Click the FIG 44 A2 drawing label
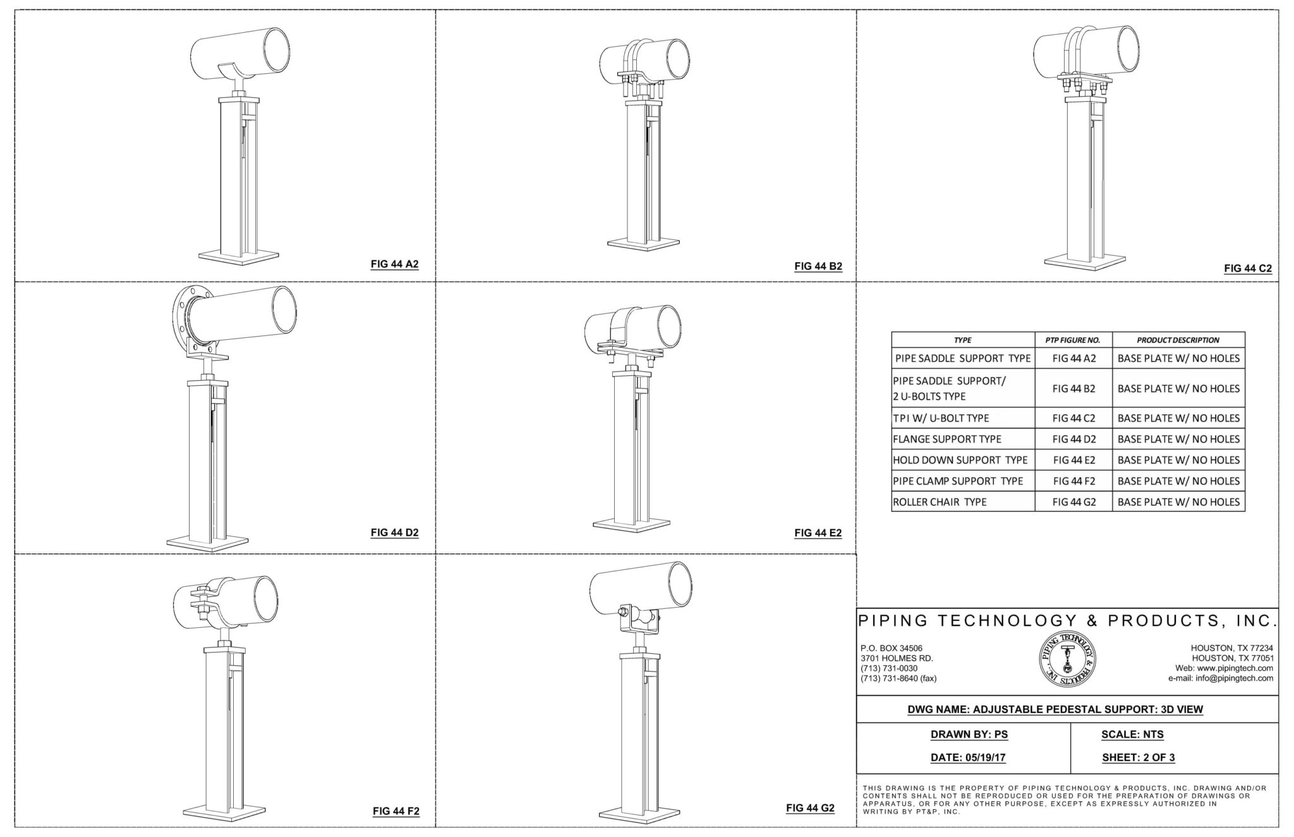tap(394, 264)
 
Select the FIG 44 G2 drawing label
tap(810, 807)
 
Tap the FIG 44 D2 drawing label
tap(394, 532)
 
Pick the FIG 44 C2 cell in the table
tap(1073, 418)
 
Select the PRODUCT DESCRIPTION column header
tap(1178, 340)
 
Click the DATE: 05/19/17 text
tap(968, 757)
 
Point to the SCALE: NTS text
tap(1132, 734)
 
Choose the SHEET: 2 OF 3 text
tap(1138, 757)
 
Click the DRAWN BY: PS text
tap(969, 734)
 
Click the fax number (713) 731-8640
tap(898, 678)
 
